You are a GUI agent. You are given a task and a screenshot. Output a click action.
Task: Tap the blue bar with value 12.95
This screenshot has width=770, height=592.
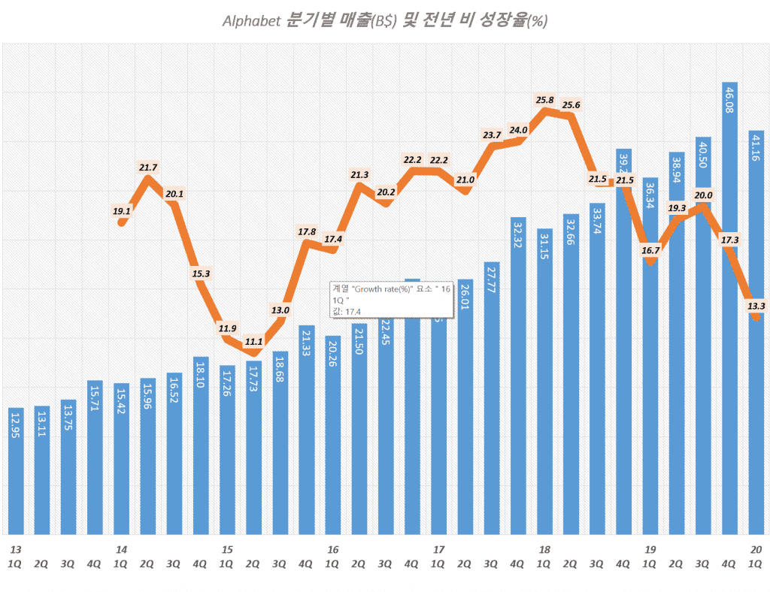coord(17,473)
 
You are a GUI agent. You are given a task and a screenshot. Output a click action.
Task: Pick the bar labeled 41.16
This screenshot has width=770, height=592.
coord(756,338)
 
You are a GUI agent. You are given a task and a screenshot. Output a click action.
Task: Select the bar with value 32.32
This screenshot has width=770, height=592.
coord(518,376)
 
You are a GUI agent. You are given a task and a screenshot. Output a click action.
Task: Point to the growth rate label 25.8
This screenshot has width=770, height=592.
coord(544,99)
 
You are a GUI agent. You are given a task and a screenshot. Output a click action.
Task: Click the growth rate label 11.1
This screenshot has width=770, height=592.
coord(253,341)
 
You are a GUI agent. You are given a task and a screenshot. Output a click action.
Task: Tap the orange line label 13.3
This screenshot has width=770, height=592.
coord(756,305)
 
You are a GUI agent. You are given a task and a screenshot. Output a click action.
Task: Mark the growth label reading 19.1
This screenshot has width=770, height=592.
coord(122,211)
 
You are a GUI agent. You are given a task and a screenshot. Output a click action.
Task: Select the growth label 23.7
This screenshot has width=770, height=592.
coord(492,134)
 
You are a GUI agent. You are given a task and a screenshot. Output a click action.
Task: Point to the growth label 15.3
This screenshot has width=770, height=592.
coord(201,273)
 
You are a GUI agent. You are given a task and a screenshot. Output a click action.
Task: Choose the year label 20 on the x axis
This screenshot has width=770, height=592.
coord(756,549)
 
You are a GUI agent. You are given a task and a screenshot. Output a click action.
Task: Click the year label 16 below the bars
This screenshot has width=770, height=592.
coord(333,549)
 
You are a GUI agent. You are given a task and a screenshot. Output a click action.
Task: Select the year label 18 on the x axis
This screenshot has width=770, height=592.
coord(544,549)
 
